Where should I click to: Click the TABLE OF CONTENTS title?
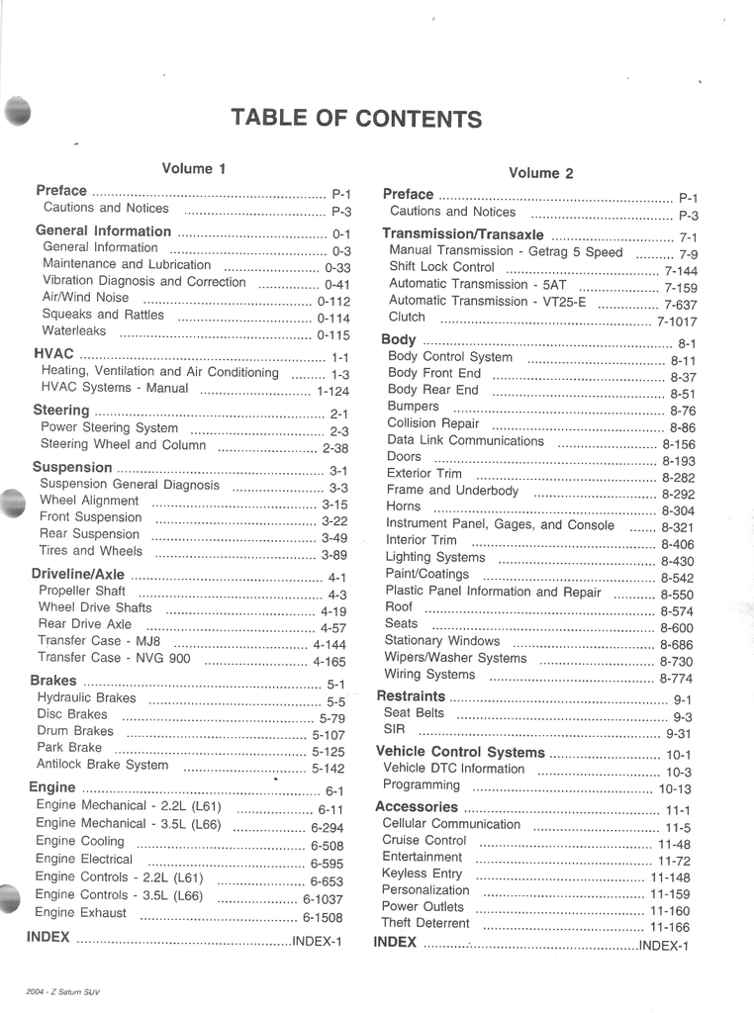(x=356, y=119)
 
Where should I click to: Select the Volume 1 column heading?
(x=194, y=169)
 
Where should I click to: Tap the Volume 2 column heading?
(x=540, y=173)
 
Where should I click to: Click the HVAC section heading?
(x=53, y=354)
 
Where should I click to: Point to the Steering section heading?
(x=61, y=411)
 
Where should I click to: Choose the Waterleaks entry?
(x=74, y=331)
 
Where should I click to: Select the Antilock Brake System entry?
(x=103, y=765)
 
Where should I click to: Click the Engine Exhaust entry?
(x=81, y=913)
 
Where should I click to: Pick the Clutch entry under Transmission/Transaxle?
(x=407, y=318)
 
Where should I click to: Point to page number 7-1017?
(x=677, y=322)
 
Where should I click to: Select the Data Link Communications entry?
(x=465, y=441)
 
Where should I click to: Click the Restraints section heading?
(x=411, y=696)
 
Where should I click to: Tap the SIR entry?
(x=393, y=730)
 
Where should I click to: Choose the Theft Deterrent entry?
(x=425, y=924)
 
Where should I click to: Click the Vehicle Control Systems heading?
(x=460, y=752)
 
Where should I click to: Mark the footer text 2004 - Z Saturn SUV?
(x=64, y=992)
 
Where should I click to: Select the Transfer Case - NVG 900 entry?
(x=114, y=658)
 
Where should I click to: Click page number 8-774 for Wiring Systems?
(x=676, y=679)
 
